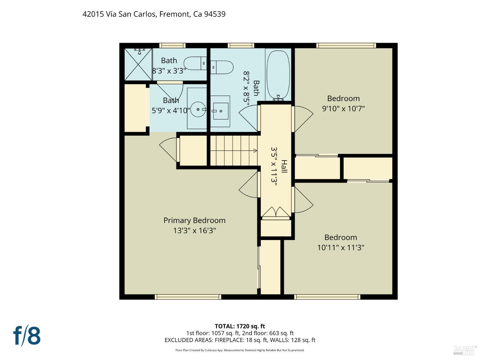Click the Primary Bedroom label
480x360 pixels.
(x=194, y=220)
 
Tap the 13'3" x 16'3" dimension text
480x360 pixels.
(x=194, y=230)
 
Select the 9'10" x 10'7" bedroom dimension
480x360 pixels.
(x=343, y=108)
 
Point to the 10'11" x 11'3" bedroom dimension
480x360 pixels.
(x=340, y=247)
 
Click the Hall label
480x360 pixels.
(x=284, y=166)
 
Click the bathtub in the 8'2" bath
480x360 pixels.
(x=278, y=75)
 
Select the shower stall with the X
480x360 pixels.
(x=138, y=64)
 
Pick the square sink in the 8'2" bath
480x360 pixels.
(x=220, y=111)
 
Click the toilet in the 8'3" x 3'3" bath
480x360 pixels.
(x=195, y=63)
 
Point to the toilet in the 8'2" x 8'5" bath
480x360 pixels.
(x=222, y=67)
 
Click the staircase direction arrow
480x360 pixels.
(x=255, y=150)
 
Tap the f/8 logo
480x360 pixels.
(x=27, y=335)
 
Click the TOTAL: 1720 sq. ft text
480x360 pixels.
(x=240, y=326)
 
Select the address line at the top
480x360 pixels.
(x=154, y=14)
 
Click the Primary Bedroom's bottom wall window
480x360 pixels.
(x=188, y=297)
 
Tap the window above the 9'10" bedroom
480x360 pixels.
(x=346, y=45)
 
